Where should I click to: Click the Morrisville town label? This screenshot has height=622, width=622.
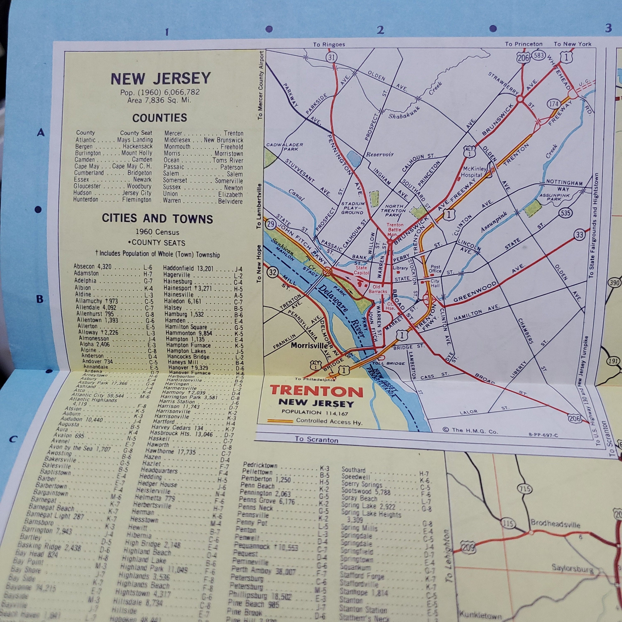click(309, 345)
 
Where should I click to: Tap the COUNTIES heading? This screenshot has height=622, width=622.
click(159, 118)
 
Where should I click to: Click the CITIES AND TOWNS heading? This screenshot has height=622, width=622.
click(157, 219)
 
